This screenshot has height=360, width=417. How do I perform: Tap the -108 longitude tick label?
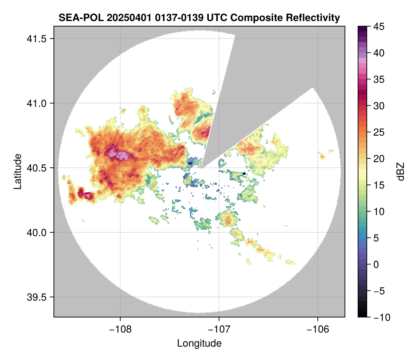(x=120, y=329)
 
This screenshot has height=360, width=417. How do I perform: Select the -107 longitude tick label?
(x=219, y=329)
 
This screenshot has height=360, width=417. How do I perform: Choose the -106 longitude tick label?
(x=318, y=329)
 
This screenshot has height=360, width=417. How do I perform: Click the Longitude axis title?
(x=199, y=343)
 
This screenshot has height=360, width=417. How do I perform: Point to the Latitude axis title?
(x=17, y=171)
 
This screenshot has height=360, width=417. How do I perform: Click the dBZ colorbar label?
(x=401, y=171)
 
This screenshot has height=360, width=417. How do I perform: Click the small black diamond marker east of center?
(x=244, y=174)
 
